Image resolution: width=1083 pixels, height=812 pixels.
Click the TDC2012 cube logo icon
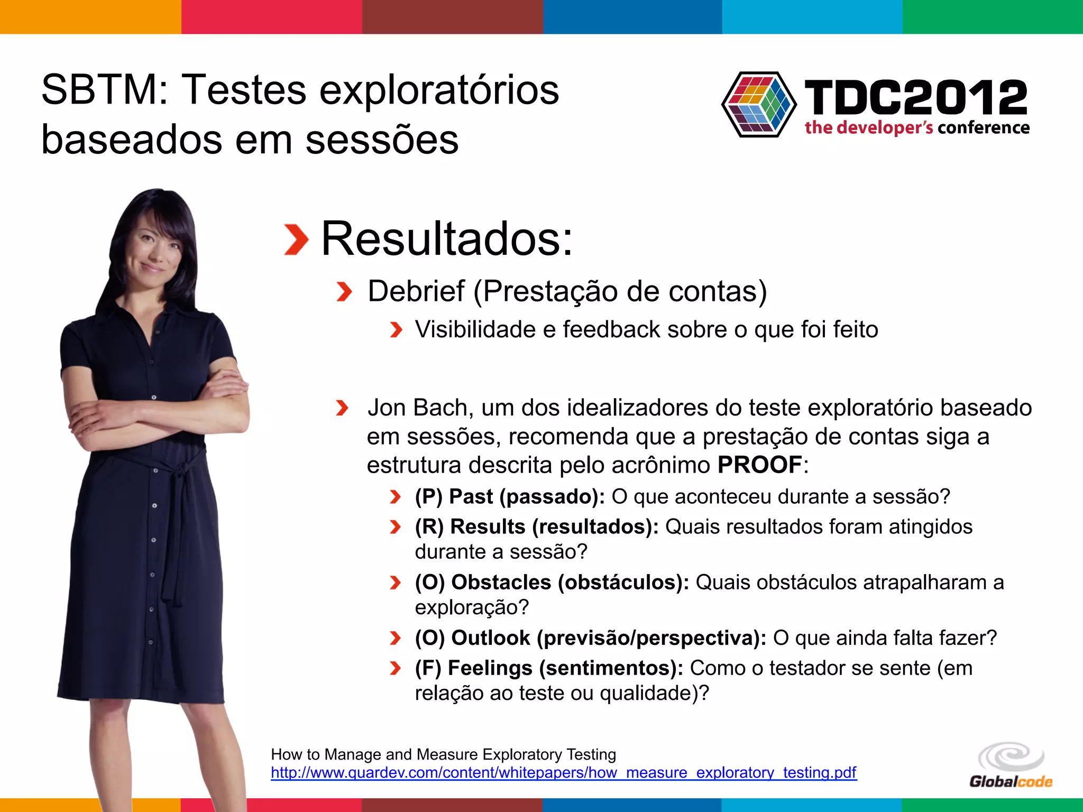[x=759, y=104]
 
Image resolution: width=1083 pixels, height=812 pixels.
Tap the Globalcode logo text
[x=1011, y=781]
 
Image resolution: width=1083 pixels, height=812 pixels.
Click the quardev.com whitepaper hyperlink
[x=563, y=773]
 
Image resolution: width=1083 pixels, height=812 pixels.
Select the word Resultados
[x=447, y=239]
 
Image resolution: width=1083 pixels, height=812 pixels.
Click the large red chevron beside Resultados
[x=296, y=239]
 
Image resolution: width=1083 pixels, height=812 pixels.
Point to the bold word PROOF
[x=760, y=465]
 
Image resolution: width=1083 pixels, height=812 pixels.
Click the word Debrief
[x=416, y=291]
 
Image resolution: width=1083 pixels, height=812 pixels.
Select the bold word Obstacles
[x=501, y=583]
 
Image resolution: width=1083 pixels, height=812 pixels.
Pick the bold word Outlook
[x=490, y=638]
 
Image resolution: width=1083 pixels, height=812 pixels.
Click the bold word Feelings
[x=490, y=668]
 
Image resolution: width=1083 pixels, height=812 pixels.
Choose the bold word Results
[x=488, y=527]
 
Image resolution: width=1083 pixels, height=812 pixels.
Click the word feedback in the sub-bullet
[x=611, y=330]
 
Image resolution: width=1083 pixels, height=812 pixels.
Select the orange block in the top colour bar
[x=90, y=17]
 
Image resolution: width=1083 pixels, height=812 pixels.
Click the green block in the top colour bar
[x=993, y=17]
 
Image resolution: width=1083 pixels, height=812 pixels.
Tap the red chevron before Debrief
[x=344, y=292]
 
